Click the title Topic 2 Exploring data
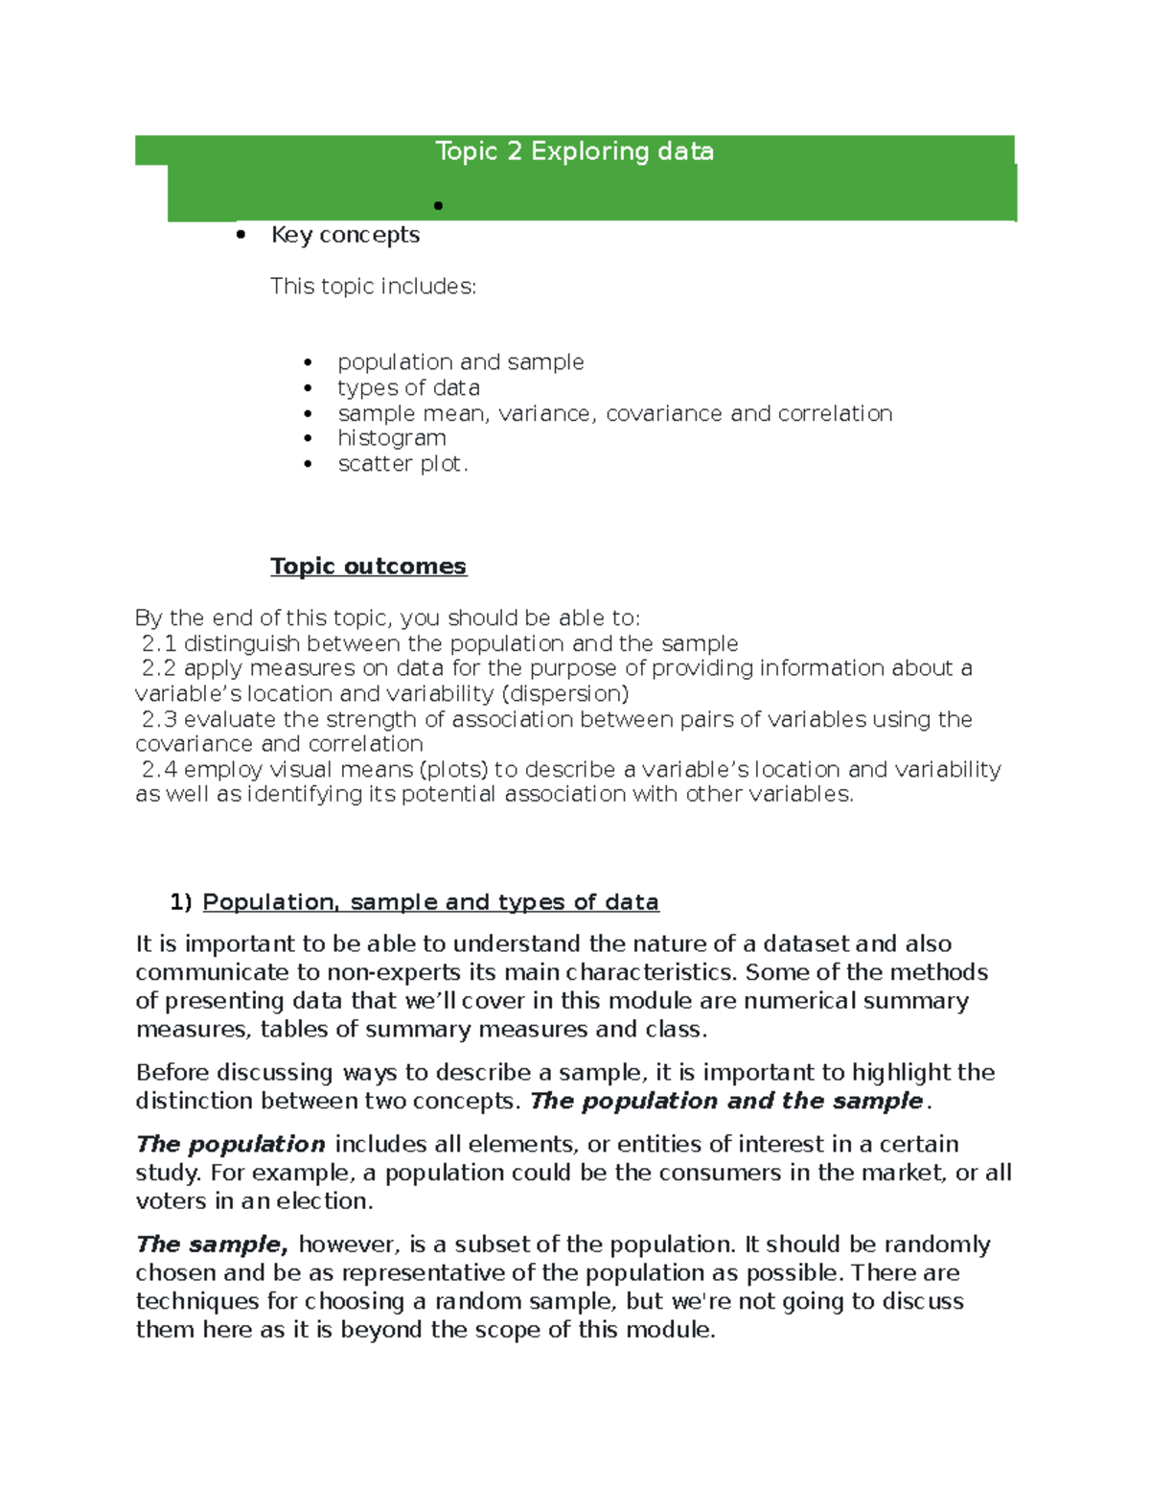(574, 151)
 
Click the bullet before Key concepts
(241, 235)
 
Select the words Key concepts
(345, 235)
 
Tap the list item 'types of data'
(408, 387)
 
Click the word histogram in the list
(391, 438)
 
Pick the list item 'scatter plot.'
(402, 464)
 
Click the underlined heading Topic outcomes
(368, 566)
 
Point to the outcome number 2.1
(159, 643)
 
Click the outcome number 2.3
(159, 719)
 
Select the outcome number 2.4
(159, 769)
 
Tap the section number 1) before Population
(181, 902)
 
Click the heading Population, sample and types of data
(430, 902)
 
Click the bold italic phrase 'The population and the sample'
(726, 1101)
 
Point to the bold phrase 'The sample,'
(212, 1245)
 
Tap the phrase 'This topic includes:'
(373, 287)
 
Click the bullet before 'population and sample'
(308, 362)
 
